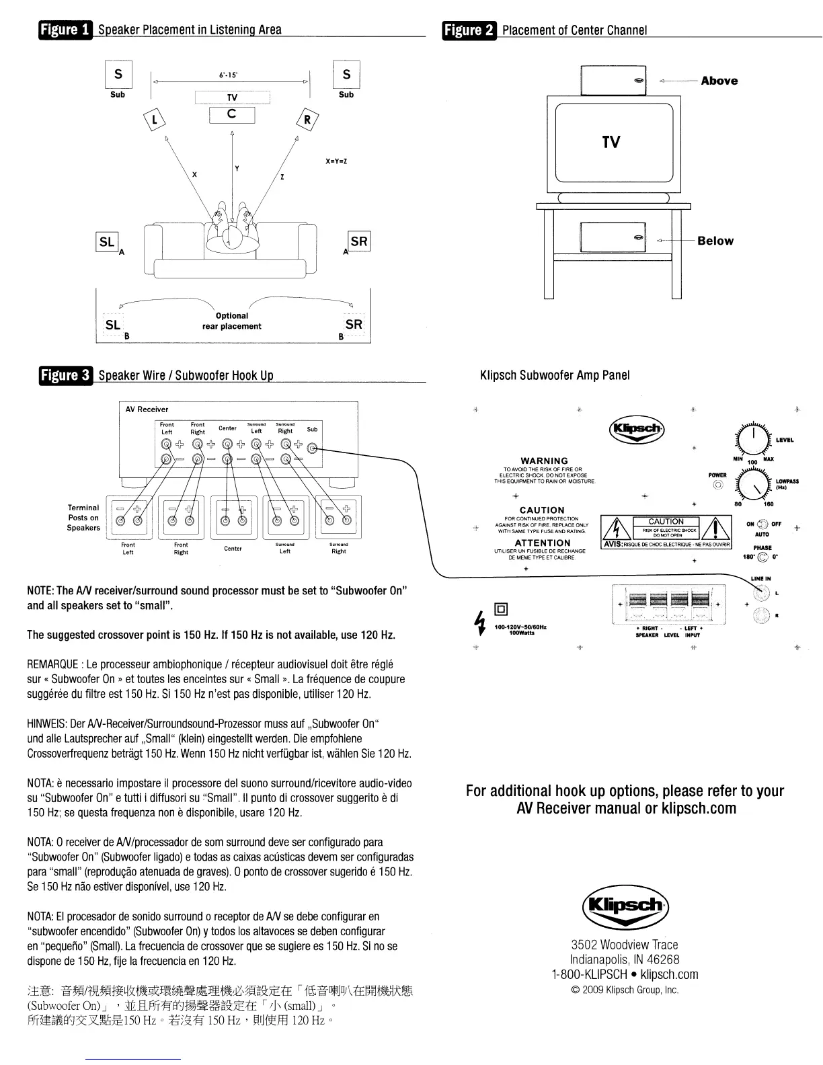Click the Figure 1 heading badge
pos(65,30)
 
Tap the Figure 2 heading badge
pos(469,30)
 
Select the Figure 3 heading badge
pos(65,375)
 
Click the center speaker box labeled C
pos(232,115)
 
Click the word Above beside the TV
pos(719,81)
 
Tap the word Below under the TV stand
pos(715,241)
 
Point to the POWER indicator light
pos(718,484)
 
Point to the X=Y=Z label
pos(336,161)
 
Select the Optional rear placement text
pos(232,321)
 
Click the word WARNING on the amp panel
pos(544,461)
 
